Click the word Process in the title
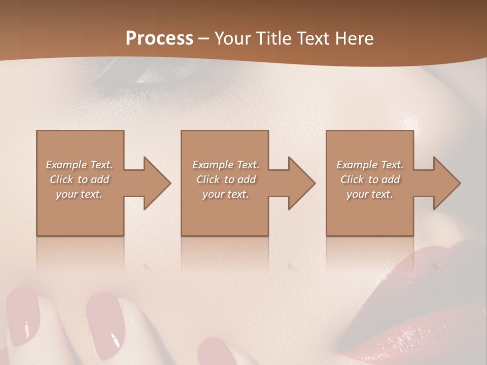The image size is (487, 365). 159,39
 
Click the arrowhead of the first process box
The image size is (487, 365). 157,183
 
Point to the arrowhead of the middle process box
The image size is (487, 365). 301,183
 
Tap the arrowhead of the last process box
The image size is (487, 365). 446,183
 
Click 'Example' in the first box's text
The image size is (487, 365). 66,165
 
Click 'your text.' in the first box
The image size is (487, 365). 79,194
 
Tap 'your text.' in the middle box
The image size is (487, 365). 226,194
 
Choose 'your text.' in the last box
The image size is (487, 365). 370,194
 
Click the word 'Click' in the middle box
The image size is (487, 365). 207,179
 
